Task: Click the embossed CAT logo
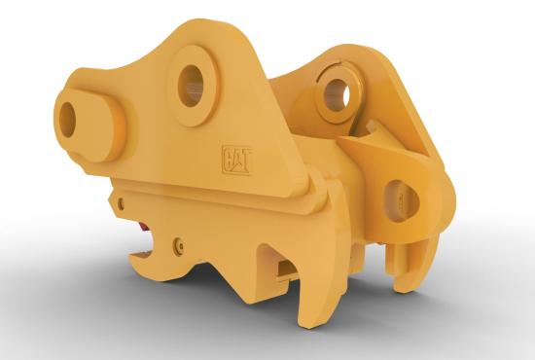[236, 160]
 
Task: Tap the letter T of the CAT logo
[245, 160]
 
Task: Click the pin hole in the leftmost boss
[67, 120]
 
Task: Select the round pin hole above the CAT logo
[191, 86]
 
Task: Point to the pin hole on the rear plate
[337, 92]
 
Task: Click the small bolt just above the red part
[121, 204]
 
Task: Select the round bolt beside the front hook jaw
[178, 246]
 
